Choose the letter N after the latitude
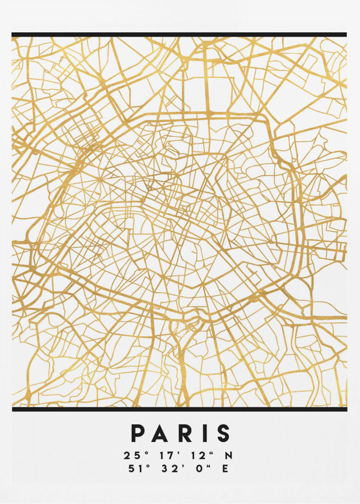point(228,456)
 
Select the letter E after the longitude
point(225,469)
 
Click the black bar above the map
point(179,35)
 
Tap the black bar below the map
point(179,409)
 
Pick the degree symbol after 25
point(147,453)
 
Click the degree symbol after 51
point(147,466)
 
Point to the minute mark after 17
point(178,453)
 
